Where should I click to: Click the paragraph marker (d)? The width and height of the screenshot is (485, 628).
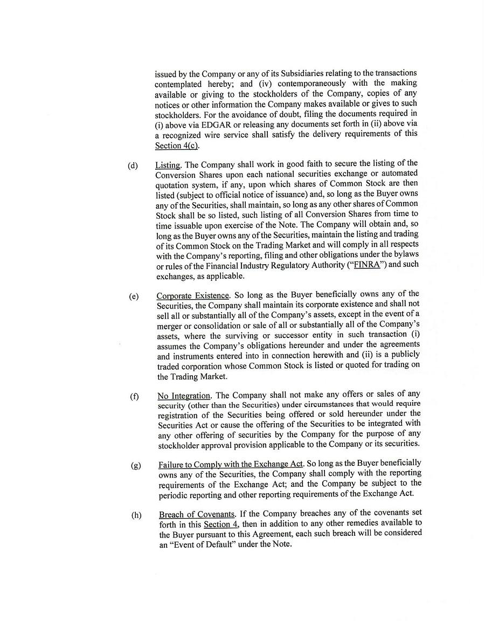[133, 165]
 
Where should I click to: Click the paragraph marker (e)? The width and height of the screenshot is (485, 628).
[134, 296]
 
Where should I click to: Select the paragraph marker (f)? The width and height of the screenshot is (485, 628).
[134, 397]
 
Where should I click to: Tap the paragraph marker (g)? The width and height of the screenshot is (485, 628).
[135, 465]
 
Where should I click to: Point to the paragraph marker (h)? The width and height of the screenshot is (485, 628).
[136, 515]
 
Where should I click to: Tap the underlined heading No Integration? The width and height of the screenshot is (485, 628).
[183, 396]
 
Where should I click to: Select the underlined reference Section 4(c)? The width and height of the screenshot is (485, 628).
[176, 146]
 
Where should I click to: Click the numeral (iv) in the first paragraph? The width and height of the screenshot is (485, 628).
[262, 84]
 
